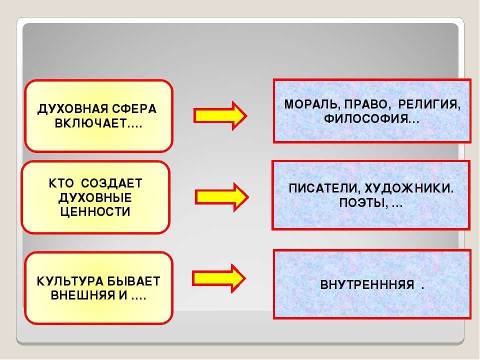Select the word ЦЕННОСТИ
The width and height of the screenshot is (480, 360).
95,212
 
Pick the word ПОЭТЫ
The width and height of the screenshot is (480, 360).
362,203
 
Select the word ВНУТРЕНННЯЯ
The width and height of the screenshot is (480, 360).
367,285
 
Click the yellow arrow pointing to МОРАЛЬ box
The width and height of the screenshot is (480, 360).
220,115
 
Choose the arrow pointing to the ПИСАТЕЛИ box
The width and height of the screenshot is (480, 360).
221,196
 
